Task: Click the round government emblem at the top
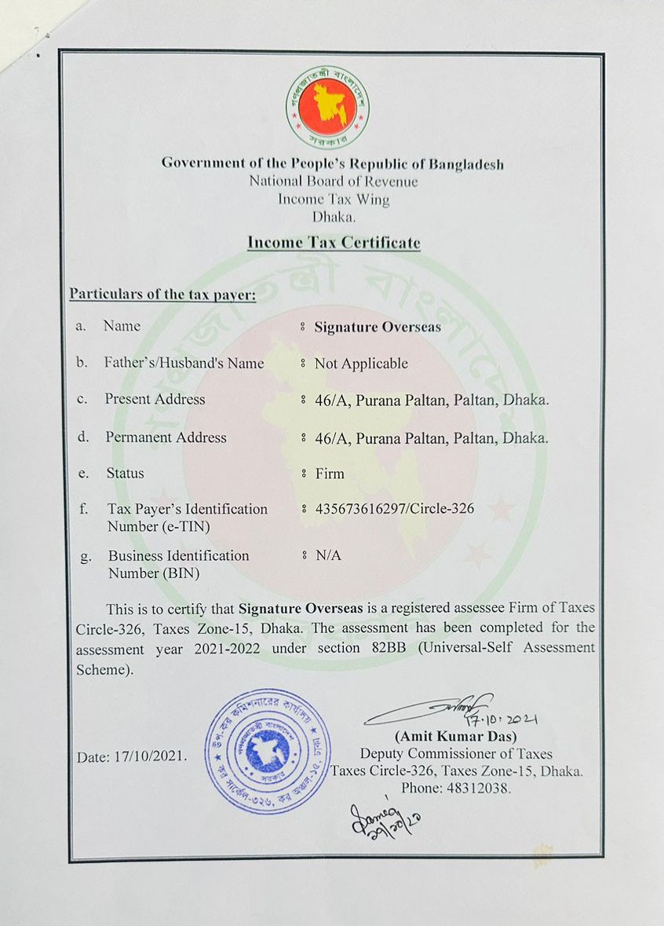pyautogui.click(x=328, y=108)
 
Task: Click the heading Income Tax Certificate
pyautogui.click(x=334, y=243)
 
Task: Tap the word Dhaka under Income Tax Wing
pyautogui.click(x=334, y=218)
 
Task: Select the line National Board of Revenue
pyautogui.click(x=334, y=181)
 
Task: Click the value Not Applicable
pyautogui.click(x=361, y=364)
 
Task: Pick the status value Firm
pyautogui.click(x=330, y=474)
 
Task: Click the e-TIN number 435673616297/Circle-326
pyautogui.click(x=394, y=509)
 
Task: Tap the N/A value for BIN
pyautogui.click(x=328, y=555)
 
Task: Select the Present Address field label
pyautogui.click(x=155, y=399)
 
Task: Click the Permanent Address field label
pyautogui.click(x=166, y=437)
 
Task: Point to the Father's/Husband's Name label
pyautogui.click(x=184, y=363)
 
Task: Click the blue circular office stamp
pyautogui.click(x=268, y=750)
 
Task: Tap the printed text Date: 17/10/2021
pyautogui.click(x=132, y=757)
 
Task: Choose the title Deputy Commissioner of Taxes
pyautogui.click(x=456, y=754)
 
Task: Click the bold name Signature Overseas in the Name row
pyautogui.click(x=378, y=328)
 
